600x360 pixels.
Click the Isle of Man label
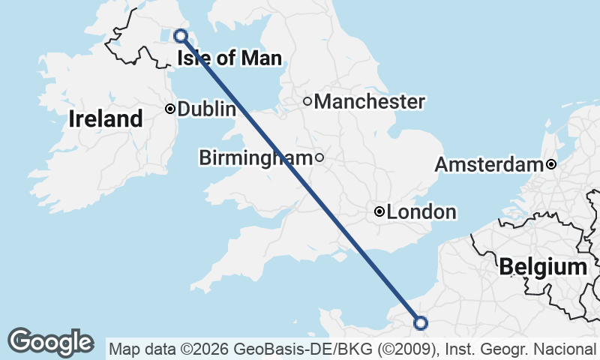(229, 58)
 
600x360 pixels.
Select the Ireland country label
(105, 118)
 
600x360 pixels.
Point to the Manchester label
(369, 101)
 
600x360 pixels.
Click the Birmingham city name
(255, 157)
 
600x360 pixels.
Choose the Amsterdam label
(488, 164)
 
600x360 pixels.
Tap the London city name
(421, 212)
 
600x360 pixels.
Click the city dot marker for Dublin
(170, 109)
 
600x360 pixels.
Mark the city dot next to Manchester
(307, 101)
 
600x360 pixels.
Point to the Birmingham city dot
(319, 157)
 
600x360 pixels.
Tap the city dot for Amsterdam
(551, 164)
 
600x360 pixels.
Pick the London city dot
(379, 212)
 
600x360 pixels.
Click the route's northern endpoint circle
(180, 35)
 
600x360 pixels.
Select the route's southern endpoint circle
(421, 323)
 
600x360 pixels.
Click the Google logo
(51, 342)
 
